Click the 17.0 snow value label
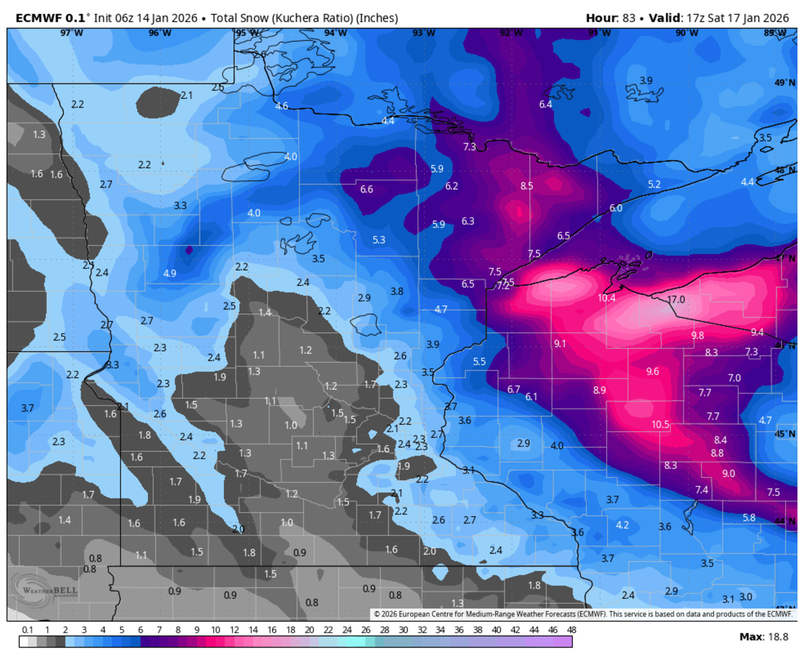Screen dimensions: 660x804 click(x=676, y=300)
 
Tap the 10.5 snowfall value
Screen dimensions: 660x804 click(x=661, y=424)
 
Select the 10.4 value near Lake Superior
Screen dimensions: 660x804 click(x=606, y=298)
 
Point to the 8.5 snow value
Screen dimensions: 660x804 click(x=527, y=186)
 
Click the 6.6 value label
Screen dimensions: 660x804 click(x=366, y=189)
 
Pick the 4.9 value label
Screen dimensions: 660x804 click(x=170, y=273)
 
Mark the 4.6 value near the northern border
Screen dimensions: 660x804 click(x=281, y=106)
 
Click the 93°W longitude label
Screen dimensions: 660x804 click(x=422, y=32)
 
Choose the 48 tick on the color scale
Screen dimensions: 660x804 click(x=572, y=631)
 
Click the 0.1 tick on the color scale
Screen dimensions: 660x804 click(x=27, y=631)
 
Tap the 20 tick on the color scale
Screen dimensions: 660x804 click(x=309, y=631)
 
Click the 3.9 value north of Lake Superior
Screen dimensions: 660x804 click(x=645, y=80)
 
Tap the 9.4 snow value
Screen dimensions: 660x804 click(x=757, y=332)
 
